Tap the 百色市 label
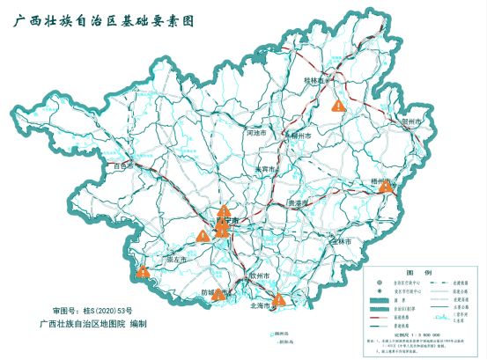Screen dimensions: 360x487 [x=125, y=165]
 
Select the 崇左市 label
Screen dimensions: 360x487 [x=178, y=260]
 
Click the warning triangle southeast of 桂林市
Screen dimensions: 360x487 [x=338, y=104]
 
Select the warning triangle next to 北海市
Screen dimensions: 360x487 [x=279, y=300]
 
